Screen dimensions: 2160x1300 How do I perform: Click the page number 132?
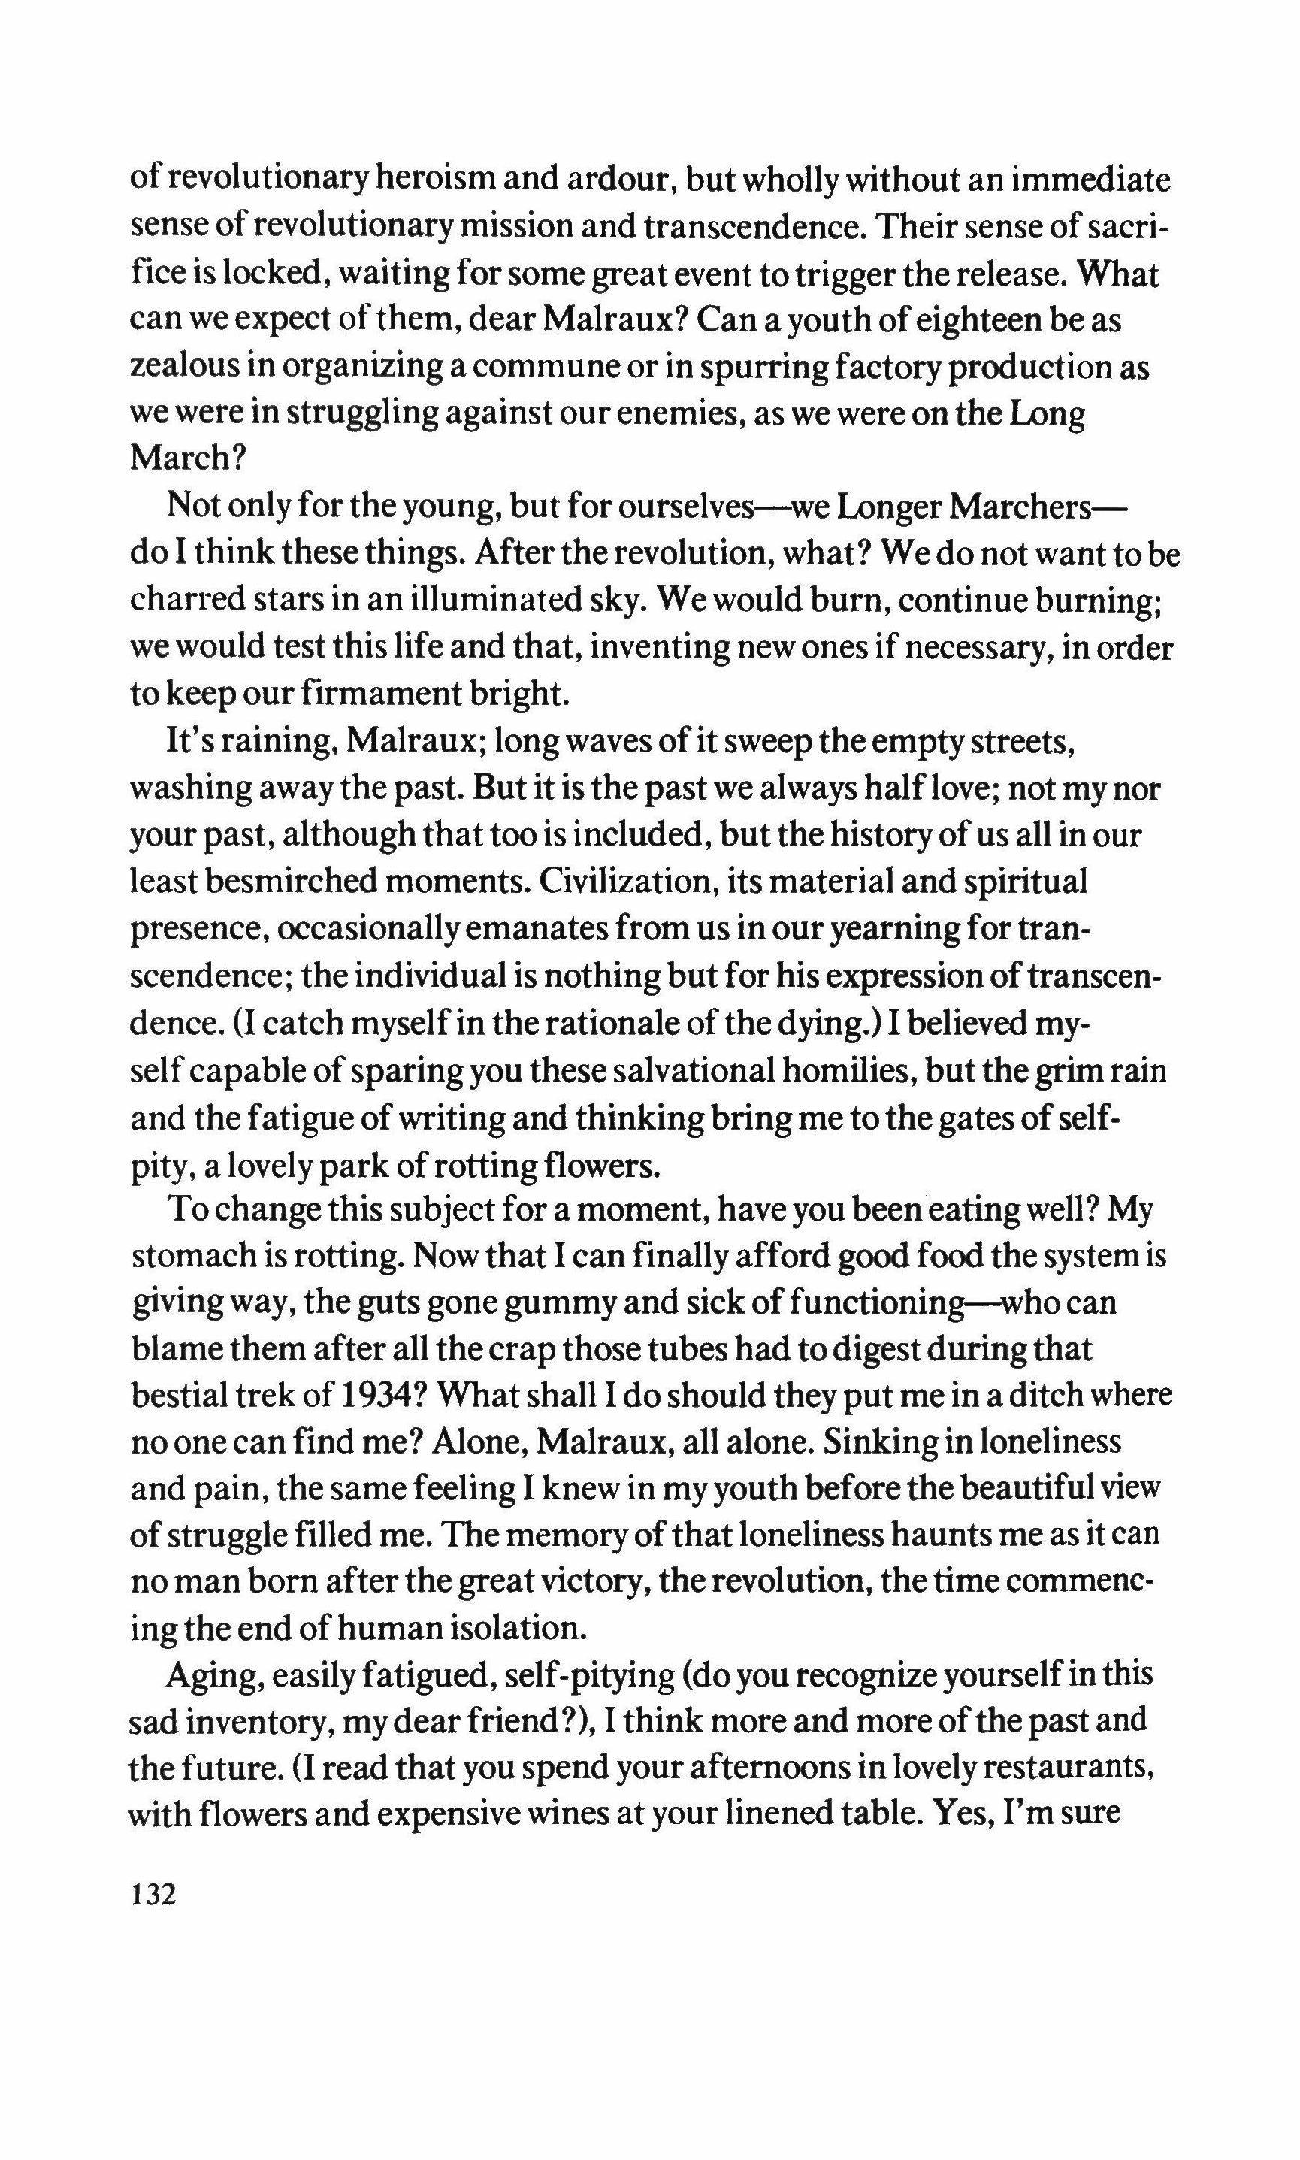pos(153,1895)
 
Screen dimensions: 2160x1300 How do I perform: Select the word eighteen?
pos(984,321)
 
